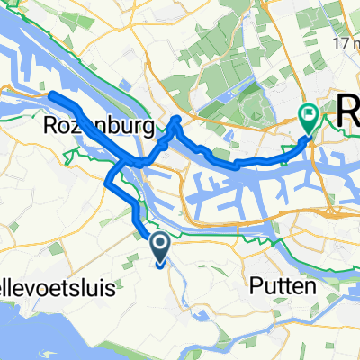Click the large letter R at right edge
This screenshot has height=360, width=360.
[347, 113]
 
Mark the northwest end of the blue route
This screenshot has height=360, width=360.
[51, 95]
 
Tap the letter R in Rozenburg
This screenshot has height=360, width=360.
[50, 129]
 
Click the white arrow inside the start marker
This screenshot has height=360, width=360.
[159, 242]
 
